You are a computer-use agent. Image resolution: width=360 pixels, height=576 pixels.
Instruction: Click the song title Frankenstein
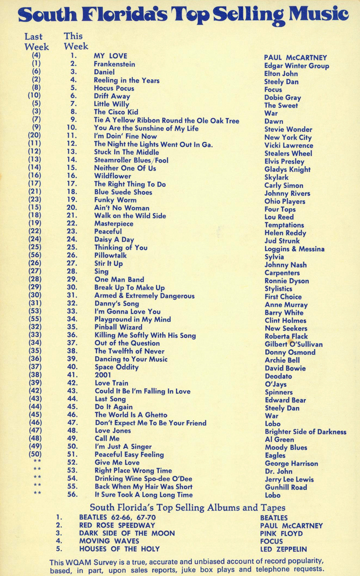[114, 64]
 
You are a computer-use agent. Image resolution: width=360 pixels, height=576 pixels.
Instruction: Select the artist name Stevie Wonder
[288, 130]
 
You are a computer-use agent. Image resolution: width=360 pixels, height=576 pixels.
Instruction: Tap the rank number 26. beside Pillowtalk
[72, 255]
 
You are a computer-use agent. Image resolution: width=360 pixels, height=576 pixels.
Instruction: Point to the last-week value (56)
[35, 255]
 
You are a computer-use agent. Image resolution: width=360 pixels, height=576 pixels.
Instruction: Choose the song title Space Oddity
[116, 367]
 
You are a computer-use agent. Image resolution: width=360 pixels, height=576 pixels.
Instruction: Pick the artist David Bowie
[285, 368]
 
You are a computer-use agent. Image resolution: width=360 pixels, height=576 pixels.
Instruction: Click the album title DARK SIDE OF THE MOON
[127, 533]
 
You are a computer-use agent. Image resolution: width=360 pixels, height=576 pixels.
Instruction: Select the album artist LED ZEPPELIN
[283, 549]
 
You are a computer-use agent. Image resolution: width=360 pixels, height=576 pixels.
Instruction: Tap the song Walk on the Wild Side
[130, 216]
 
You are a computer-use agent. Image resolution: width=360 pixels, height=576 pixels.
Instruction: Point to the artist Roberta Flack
[286, 337]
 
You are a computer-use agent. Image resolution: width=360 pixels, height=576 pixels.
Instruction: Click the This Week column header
[76, 41]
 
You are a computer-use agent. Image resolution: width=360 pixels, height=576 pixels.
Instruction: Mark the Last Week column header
[36, 42]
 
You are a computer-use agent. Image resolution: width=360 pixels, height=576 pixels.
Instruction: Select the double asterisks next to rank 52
[37, 462]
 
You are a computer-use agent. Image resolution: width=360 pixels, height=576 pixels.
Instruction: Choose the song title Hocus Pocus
[114, 88]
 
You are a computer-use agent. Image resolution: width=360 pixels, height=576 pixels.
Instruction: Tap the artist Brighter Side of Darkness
[305, 432]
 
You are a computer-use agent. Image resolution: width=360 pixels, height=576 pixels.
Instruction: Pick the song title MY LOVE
[110, 56]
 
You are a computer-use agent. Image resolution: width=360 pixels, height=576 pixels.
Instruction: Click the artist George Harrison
[291, 464]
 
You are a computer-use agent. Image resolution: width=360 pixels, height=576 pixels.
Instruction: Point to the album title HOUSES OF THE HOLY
[119, 549]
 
